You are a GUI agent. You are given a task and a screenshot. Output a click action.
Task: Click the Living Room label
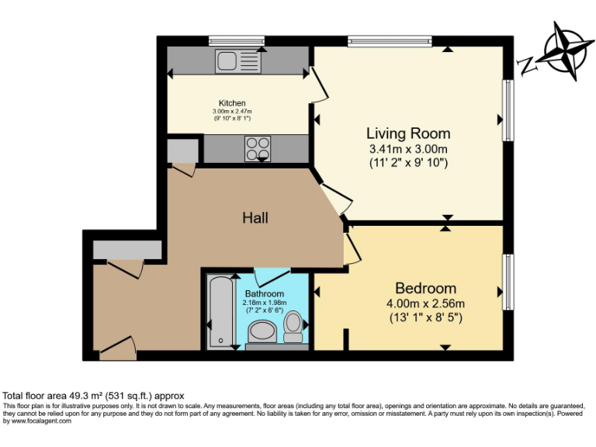pyautogui.click(x=408, y=133)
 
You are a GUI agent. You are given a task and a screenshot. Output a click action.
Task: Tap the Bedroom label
pyautogui.click(x=426, y=288)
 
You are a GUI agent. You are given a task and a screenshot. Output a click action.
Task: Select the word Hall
pyautogui.click(x=255, y=218)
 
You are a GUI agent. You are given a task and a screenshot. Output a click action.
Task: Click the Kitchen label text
pyautogui.click(x=232, y=103)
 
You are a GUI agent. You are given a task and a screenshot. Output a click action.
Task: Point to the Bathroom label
pyautogui.click(x=265, y=294)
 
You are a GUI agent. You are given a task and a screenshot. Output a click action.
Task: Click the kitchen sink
pyautogui.click(x=238, y=61)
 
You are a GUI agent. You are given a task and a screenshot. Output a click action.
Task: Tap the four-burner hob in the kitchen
pyautogui.click(x=258, y=149)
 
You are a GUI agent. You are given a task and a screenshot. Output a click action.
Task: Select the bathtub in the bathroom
pyautogui.click(x=220, y=312)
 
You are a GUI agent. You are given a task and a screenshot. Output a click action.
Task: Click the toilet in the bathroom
pyautogui.click(x=293, y=327)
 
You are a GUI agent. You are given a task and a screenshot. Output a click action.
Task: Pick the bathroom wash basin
pyautogui.click(x=262, y=332)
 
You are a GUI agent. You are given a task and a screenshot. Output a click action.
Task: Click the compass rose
pyautogui.click(x=564, y=51)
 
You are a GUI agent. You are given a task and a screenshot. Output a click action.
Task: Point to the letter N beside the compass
pyautogui.click(x=526, y=66)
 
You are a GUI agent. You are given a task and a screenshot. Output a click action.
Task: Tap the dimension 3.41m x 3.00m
pyautogui.click(x=408, y=149)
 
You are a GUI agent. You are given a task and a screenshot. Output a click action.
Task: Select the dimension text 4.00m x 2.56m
pyautogui.click(x=426, y=303)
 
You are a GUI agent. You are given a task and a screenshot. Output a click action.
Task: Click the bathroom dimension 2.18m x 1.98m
pyautogui.click(x=265, y=303)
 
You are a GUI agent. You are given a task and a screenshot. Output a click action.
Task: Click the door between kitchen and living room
pyautogui.click(x=319, y=85)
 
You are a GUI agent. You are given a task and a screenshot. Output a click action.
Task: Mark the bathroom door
pyautogui.click(x=272, y=278)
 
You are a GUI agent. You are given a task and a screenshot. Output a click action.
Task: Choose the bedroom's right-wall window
pyautogui.click(x=508, y=282)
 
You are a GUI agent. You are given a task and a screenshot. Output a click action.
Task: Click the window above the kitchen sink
pyautogui.click(x=237, y=40)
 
